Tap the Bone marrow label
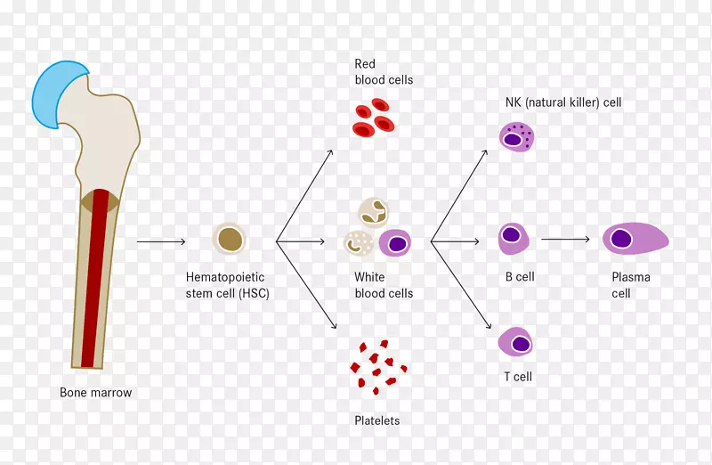click(95, 392)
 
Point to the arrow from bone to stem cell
click(161, 241)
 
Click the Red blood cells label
click(384, 71)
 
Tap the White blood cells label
click(384, 285)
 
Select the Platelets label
click(377, 420)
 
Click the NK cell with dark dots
click(516, 137)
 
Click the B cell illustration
click(513, 238)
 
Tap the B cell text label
click(520, 277)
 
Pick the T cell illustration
click(516, 343)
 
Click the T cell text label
click(518, 377)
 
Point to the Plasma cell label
click(631, 285)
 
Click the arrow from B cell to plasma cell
click(566, 239)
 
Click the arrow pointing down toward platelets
click(305, 285)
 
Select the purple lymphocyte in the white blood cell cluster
click(397, 242)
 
